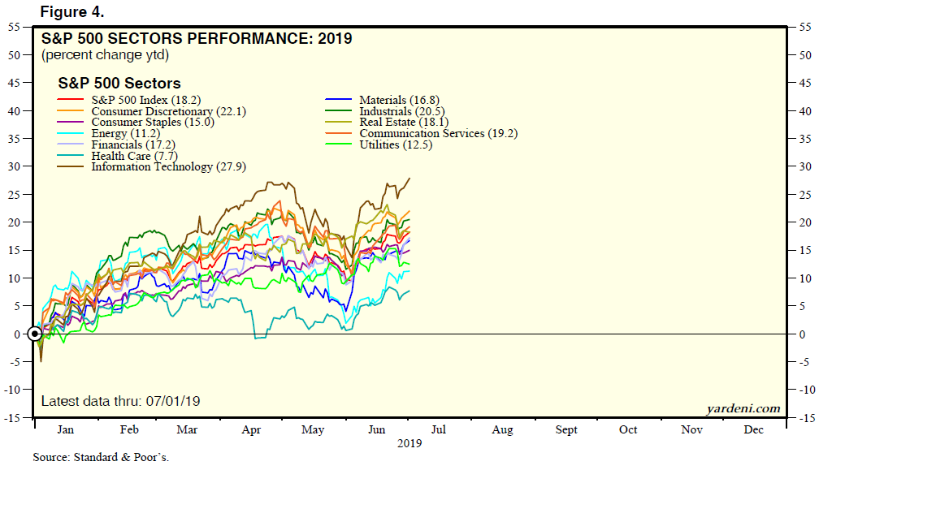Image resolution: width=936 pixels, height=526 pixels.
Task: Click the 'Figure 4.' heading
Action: tap(71, 13)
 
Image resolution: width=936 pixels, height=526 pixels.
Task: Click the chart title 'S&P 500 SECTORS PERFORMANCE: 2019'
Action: tap(197, 38)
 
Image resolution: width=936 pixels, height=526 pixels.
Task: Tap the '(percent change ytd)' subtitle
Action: tap(105, 54)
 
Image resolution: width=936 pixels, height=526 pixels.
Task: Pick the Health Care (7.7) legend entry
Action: tap(134, 156)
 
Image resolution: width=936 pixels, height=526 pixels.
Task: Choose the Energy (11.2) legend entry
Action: tap(125, 133)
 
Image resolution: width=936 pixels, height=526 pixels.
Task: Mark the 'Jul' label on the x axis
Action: tap(440, 430)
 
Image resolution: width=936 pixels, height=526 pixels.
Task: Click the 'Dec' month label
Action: tap(753, 430)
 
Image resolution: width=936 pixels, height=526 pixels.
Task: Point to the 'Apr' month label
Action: tap(251, 430)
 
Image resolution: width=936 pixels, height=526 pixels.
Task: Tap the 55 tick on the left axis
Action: tap(15, 27)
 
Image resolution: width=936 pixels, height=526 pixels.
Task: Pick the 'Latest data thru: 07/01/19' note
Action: tap(120, 401)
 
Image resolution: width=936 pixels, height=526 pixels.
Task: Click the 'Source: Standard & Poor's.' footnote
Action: tap(101, 457)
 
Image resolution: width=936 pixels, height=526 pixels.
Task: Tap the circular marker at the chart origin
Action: tap(35, 334)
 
